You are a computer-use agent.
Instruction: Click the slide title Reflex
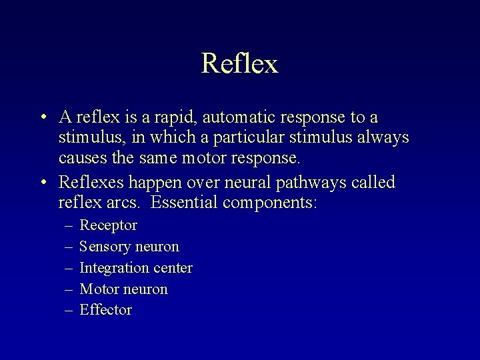[239, 64]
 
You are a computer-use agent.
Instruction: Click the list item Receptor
[108, 225]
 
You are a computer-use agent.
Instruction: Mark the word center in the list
[173, 268]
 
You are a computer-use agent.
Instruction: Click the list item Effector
[105, 310]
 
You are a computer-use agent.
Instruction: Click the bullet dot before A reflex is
[42, 118]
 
